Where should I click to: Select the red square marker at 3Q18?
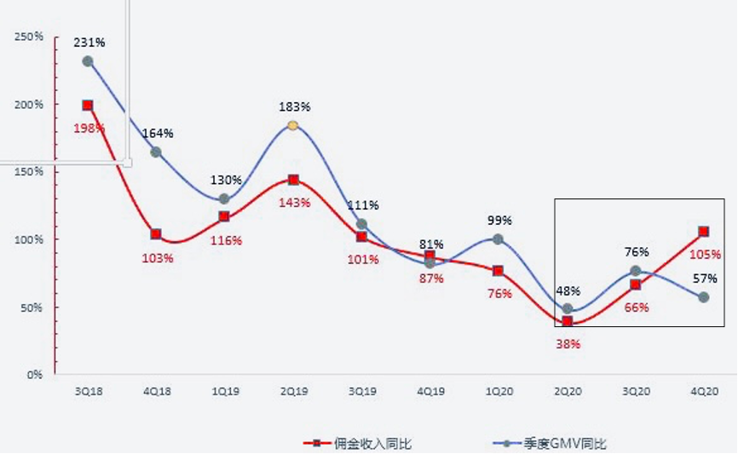point(88,106)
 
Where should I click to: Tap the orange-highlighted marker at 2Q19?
point(293,125)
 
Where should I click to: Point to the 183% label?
point(295,106)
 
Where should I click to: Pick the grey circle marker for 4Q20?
point(704,297)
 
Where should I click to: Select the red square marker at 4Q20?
point(704,232)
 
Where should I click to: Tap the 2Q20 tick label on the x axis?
point(567,391)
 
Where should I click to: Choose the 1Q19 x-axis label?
point(224,391)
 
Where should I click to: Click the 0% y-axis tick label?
point(34,374)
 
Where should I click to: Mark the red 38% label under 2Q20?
point(568,344)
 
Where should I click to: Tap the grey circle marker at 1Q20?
point(499,239)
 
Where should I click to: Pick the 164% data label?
point(158,133)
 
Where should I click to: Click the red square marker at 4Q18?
point(156,234)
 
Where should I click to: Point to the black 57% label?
point(704,278)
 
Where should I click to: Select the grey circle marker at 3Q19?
point(361,225)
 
